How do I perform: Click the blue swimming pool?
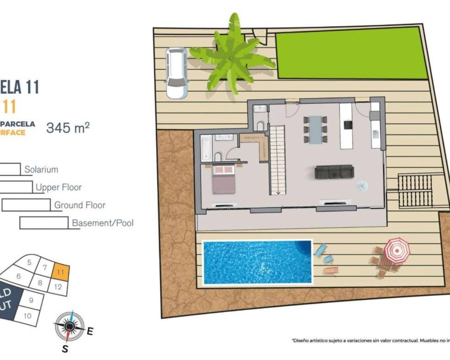[257, 262]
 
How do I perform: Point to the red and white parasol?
[397, 250]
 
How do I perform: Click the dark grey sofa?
[334, 172]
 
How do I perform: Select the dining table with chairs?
[316, 129]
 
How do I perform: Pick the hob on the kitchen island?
[348, 124]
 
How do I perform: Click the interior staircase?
[277, 160]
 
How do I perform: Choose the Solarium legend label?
[41, 169]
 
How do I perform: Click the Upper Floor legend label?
[59, 187]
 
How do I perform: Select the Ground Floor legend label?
[80, 205]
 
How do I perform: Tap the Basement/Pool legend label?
[103, 223]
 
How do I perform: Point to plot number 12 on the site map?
[58, 287]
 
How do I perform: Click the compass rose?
[70, 327]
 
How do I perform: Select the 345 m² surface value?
[68, 128]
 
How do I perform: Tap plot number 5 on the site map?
[29, 262]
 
